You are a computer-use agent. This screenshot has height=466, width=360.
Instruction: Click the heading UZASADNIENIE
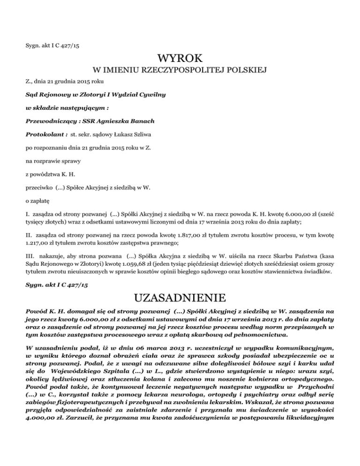pyautogui.click(x=180, y=299)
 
